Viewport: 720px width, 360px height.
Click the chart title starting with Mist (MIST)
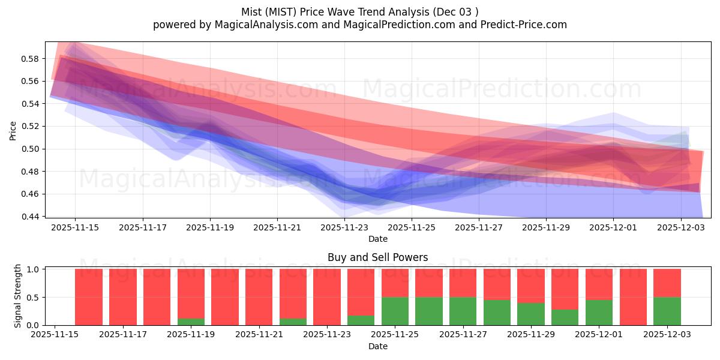pos(359,12)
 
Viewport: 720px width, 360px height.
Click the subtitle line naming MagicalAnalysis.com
pos(359,25)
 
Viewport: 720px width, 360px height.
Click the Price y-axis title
pos(13,130)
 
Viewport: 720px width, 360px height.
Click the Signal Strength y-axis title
pos(18,296)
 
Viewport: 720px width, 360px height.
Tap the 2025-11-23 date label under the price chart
pos(344,228)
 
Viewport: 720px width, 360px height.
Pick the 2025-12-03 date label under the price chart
pos(680,228)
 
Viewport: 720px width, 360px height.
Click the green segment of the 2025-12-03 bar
pos(667,311)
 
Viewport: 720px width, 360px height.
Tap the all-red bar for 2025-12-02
pos(633,297)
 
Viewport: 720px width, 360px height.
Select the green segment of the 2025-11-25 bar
pos(395,311)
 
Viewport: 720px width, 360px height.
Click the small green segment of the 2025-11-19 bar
pos(191,322)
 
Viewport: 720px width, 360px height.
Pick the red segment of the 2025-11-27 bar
pos(463,283)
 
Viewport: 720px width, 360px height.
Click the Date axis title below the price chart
pos(377,239)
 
